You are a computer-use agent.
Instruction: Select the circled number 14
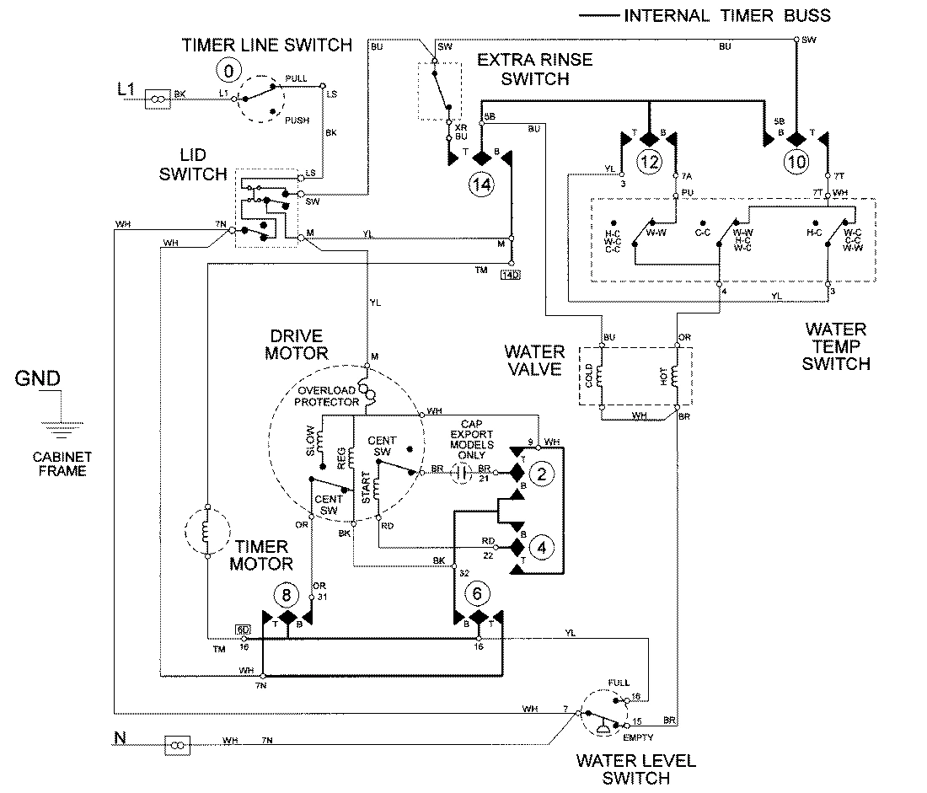483,184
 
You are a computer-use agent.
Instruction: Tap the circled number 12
649,162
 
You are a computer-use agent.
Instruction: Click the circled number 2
543,474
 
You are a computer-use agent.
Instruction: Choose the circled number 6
477,595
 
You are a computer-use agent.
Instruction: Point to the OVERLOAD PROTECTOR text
327,396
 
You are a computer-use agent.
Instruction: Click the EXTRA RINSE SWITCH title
534,69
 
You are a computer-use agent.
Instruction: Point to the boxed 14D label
510,275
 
